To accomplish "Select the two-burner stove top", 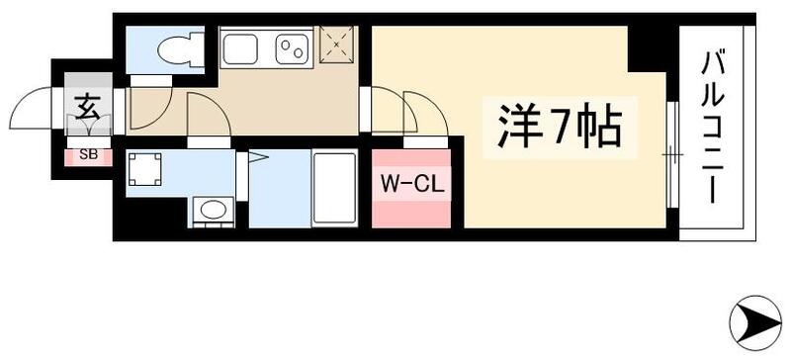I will [293, 46].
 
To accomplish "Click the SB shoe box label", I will [86, 154].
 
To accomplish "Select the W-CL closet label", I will [410, 185].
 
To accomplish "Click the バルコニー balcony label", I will [715, 130].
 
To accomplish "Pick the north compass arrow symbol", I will [755, 318].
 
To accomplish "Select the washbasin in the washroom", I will [211, 211].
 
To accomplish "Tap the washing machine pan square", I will [146, 169].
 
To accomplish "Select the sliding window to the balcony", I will [669, 154].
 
